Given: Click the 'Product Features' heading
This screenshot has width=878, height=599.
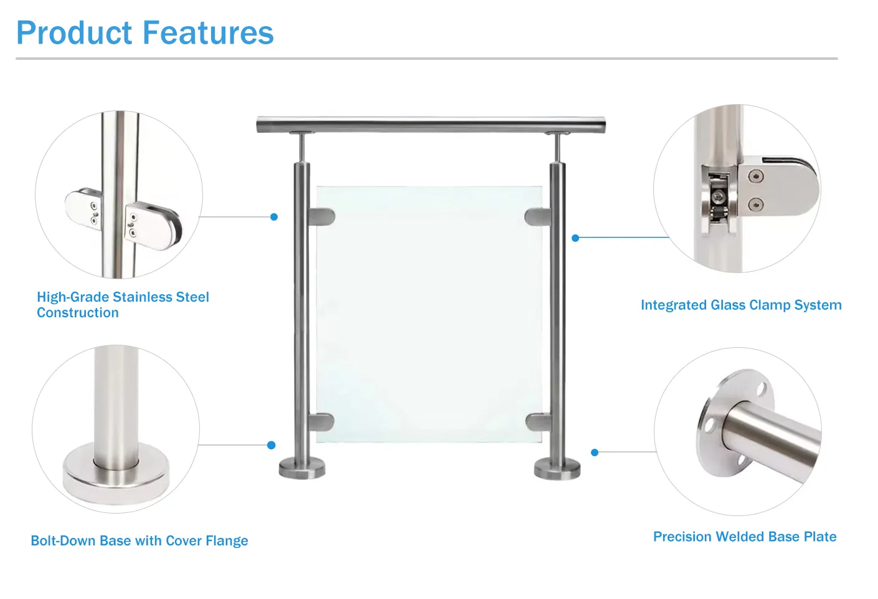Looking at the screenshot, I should point(144,33).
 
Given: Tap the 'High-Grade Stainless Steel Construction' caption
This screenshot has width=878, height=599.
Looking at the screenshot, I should point(123,305).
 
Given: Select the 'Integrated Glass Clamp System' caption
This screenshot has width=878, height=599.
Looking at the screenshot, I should point(741,305).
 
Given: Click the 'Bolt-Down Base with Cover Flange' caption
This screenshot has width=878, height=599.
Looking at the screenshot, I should point(139,541).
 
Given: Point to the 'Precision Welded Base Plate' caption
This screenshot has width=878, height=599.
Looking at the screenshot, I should point(745,537).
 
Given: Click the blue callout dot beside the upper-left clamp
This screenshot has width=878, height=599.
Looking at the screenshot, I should point(274,217).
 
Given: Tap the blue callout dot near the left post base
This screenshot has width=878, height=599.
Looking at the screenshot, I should point(271,445).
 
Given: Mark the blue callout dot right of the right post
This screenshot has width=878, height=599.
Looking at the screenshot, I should point(575,238).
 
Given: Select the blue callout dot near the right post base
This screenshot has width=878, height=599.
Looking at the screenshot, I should point(595,453).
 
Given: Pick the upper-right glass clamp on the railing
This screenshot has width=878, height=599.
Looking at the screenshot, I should point(537,217).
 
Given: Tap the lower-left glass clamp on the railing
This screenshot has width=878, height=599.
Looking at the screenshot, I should point(321,422).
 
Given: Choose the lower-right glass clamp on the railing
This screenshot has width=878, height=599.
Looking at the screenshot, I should point(537,422).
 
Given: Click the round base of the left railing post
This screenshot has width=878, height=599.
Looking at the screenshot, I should point(302,468).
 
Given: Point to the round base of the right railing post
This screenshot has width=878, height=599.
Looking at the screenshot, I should point(557,469).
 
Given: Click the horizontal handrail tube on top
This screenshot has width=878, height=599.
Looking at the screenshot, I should point(430,124).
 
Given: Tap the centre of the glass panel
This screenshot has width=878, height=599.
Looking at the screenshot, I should point(429,314).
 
